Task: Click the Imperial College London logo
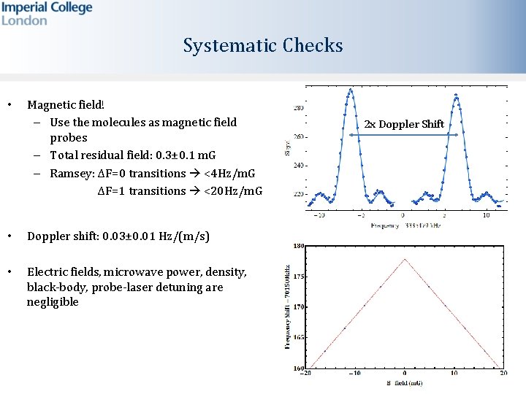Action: click(x=47, y=14)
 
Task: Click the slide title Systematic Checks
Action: click(x=263, y=46)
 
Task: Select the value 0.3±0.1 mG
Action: click(x=186, y=155)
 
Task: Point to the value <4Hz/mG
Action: click(x=229, y=174)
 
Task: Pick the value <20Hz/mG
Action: click(x=232, y=191)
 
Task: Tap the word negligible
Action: click(x=53, y=302)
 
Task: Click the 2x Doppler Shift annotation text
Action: click(x=404, y=124)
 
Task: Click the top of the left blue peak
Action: click(x=351, y=90)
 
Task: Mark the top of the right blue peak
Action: click(x=457, y=95)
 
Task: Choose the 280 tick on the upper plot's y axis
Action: click(x=299, y=108)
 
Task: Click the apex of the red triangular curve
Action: click(x=405, y=259)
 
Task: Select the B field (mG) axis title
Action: click(x=405, y=382)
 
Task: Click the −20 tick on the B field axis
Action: click(x=308, y=373)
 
